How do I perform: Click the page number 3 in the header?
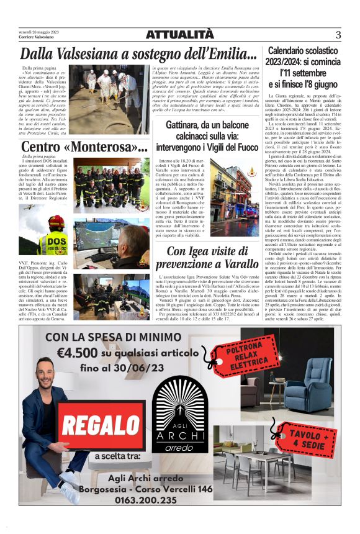(x=338, y=35)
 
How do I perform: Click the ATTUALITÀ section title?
(x=179, y=35)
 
